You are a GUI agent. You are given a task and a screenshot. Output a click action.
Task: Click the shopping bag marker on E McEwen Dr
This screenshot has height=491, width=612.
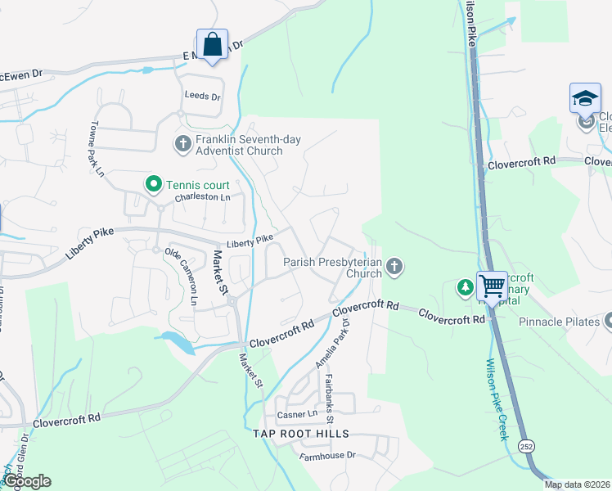212,44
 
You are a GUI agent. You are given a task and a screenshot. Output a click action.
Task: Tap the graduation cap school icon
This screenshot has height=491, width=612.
585,98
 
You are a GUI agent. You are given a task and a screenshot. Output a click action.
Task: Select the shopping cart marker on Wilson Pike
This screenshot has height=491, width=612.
492,286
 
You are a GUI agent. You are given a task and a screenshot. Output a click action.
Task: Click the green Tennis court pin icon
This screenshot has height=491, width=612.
152,183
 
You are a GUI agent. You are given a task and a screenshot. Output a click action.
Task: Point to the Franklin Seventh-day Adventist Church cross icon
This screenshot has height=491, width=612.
182,145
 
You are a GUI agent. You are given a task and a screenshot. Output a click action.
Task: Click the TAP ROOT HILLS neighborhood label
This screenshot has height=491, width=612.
300,433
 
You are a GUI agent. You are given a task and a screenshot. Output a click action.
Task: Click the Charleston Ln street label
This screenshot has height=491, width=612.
202,197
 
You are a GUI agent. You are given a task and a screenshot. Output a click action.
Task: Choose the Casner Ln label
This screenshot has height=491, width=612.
296,414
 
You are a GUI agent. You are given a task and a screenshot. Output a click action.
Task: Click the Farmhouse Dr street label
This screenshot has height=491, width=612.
328,455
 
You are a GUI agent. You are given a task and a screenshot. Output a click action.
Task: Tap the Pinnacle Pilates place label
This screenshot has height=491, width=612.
560,322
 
